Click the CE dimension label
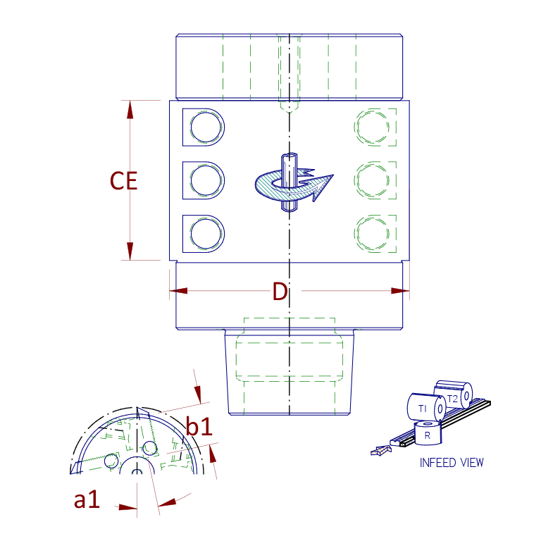click(x=123, y=181)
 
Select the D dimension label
click(x=280, y=292)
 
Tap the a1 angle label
click(x=87, y=499)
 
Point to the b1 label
click(x=199, y=426)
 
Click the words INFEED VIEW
click(x=452, y=463)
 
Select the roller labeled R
click(x=428, y=433)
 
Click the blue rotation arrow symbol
click(x=294, y=182)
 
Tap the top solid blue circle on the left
click(x=206, y=128)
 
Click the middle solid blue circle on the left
click(x=206, y=180)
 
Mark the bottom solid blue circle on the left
click(x=206, y=234)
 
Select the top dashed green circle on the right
click(x=373, y=128)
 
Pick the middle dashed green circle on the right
click(x=373, y=180)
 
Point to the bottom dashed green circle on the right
click(x=373, y=234)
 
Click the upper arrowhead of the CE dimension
click(x=130, y=110)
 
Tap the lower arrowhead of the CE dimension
click(x=130, y=251)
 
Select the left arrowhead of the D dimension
click(x=178, y=291)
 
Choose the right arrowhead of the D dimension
click(x=400, y=291)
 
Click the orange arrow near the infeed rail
click(x=381, y=450)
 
